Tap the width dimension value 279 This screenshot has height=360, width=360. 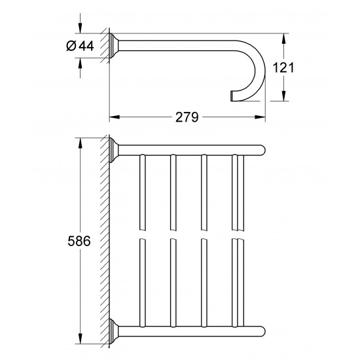186,117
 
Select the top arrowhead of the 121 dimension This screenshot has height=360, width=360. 284,35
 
